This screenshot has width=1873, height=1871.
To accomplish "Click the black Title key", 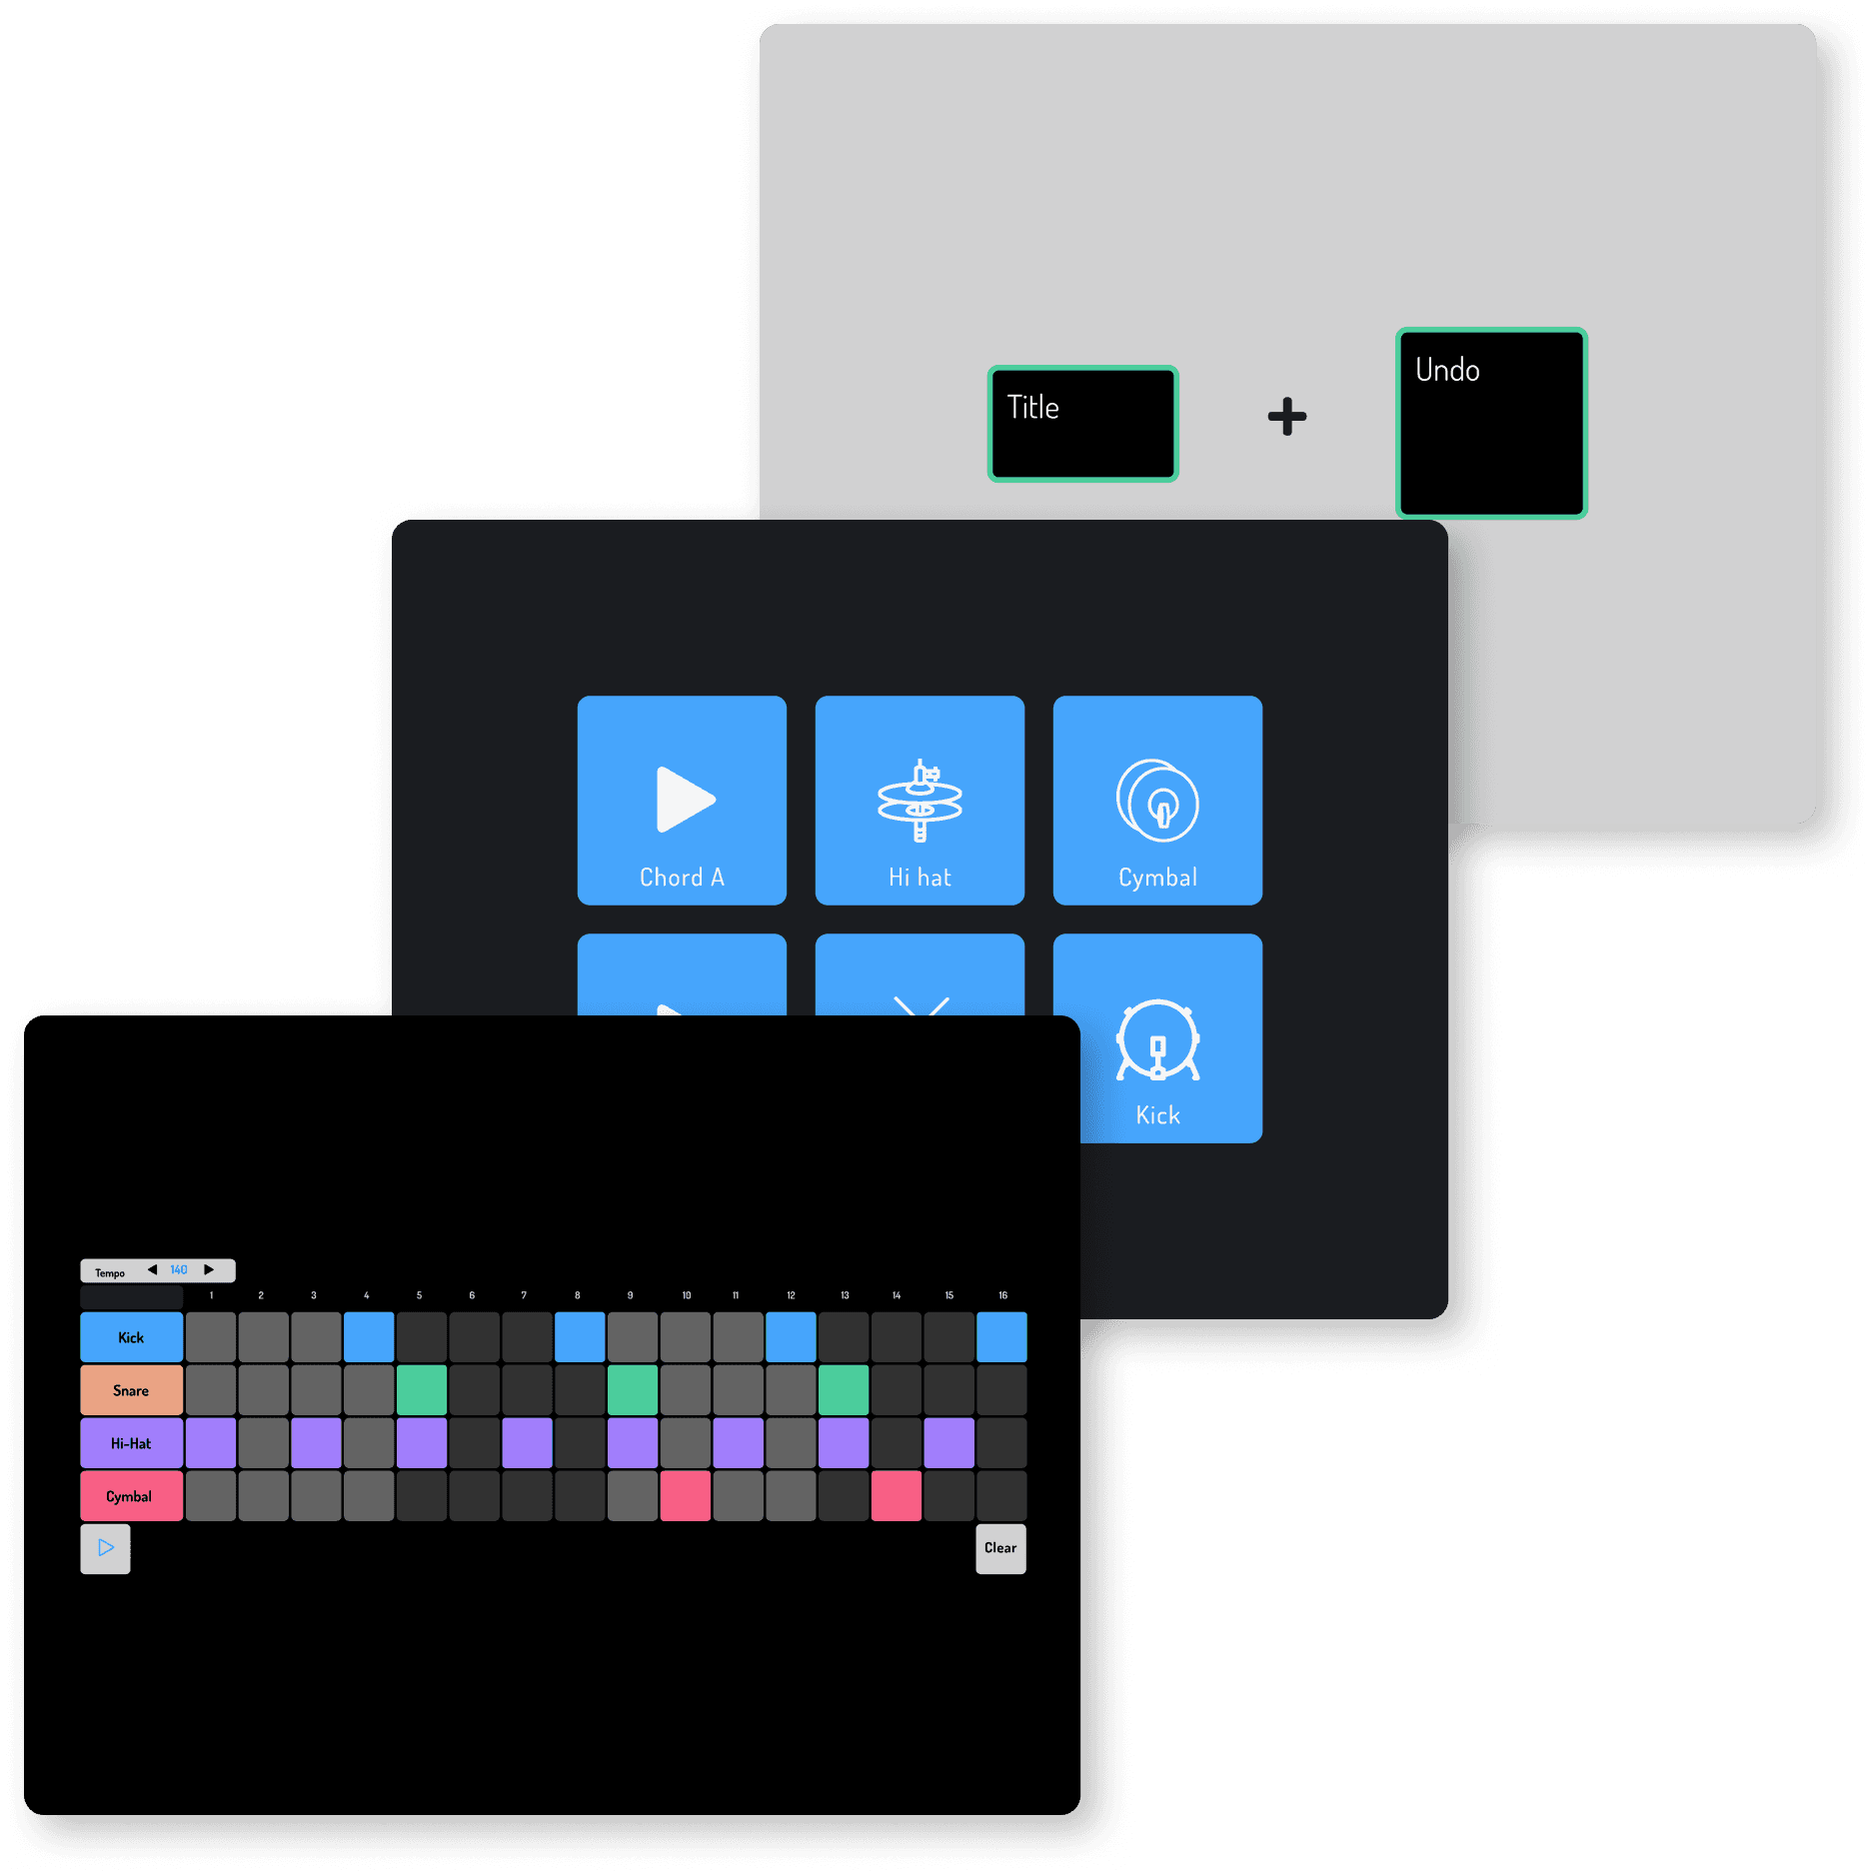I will pos(1082,424).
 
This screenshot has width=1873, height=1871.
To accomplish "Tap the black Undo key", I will pos(1491,424).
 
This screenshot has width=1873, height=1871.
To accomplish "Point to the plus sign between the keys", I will pos(1286,417).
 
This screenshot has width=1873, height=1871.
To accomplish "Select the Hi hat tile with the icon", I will pos(920,801).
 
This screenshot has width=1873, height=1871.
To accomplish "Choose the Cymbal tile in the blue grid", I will pos(1157,801).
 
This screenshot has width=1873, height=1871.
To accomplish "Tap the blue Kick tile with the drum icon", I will pos(1157,1039).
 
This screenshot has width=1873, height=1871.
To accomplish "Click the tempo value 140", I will pos(179,1270).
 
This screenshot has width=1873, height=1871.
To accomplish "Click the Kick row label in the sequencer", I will pos(131,1337).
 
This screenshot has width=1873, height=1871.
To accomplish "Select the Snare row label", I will pos(131,1390).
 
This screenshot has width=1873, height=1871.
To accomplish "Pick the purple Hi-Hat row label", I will pos(131,1443).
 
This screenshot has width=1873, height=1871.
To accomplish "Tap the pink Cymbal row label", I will pos(131,1496).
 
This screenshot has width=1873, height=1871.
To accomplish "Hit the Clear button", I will pos(1000,1548).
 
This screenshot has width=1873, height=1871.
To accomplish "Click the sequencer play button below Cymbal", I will pos(105,1548).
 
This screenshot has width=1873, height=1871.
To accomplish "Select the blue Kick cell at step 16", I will pos(1001,1337).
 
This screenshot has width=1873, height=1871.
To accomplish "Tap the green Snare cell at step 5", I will pos(422,1390).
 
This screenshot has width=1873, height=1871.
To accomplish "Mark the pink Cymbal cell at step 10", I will pos(686,1496).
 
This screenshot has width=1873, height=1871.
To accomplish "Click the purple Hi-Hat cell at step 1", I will pos(211,1443).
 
